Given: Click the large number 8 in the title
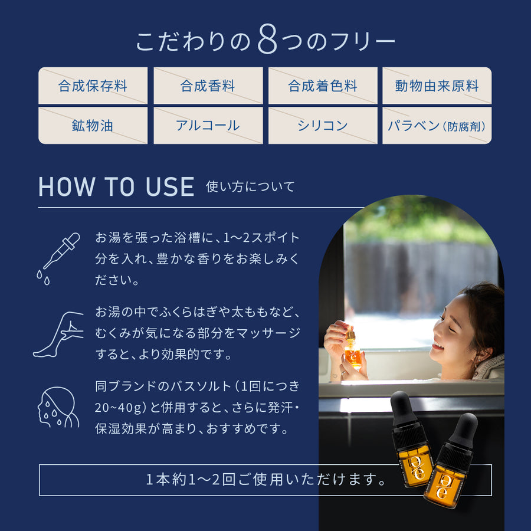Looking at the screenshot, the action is click(267, 40).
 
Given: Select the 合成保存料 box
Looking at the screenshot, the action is click(93, 86).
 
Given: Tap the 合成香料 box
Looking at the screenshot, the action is click(208, 86).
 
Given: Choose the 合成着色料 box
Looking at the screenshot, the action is click(323, 86).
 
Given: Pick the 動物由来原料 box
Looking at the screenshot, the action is click(437, 86).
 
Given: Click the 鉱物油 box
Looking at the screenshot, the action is click(93, 126).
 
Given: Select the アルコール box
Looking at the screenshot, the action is click(208, 126).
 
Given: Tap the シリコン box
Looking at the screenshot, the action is click(323, 126).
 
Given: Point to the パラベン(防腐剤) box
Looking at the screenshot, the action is click(437, 126).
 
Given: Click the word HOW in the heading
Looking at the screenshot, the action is click(67, 186).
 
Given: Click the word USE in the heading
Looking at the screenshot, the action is click(170, 186).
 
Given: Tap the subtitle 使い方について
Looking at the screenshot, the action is click(250, 186).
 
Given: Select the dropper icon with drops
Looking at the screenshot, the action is click(58, 258).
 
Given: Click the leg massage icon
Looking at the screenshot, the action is click(58, 335).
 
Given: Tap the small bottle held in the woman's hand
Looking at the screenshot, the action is click(352, 351).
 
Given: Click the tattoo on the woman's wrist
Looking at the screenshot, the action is click(335, 376).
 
